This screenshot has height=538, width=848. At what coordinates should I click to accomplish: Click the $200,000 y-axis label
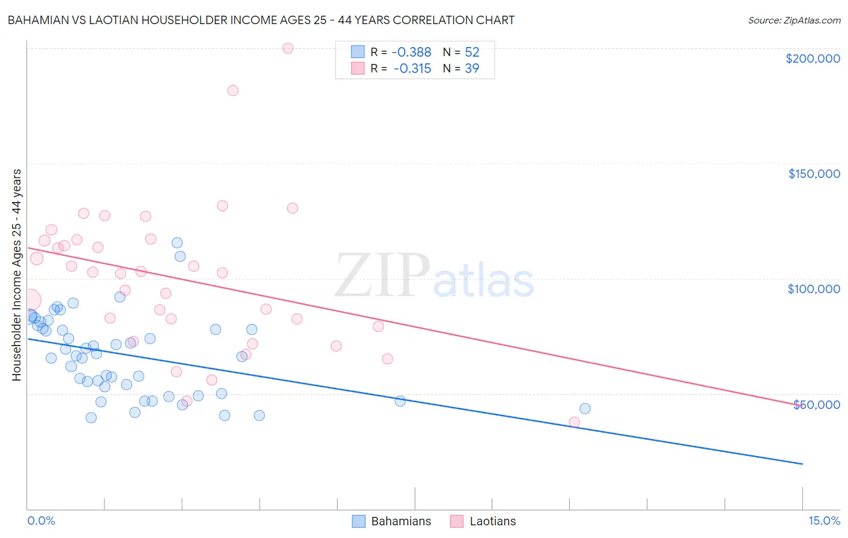pyautogui.click(x=812, y=59)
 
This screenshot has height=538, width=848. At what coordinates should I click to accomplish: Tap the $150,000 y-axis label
pyautogui.click(x=814, y=174)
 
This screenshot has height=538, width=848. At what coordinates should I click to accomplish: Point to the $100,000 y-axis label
pyautogui.click(x=814, y=289)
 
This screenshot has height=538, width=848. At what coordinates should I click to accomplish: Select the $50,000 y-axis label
pyautogui.click(x=817, y=404)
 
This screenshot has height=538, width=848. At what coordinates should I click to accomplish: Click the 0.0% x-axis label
pyautogui.click(x=41, y=521)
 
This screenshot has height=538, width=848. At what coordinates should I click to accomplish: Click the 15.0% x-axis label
pyautogui.click(x=824, y=521)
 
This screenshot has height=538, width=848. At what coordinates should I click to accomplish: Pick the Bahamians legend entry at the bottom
pyautogui.click(x=393, y=521)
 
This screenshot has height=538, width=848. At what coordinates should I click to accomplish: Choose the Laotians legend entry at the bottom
pyautogui.click(x=484, y=521)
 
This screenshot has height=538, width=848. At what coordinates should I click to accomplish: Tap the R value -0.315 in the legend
pyautogui.click(x=413, y=69)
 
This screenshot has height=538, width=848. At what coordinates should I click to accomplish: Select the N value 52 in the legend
pyautogui.click(x=472, y=52)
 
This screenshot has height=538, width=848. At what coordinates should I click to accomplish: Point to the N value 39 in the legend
pyautogui.click(x=472, y=69)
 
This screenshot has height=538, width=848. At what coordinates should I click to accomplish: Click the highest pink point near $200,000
pyautogui.click(x=288, y=48)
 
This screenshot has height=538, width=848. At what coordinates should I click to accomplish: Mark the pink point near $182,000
pyautogui.click(x=233, y=90)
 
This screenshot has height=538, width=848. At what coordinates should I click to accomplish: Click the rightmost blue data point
pyautogui.click(x=584, y=409)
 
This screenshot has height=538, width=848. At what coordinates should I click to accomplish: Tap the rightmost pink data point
pyautogui.click(x=574, y=422)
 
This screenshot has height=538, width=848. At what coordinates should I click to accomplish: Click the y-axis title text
pyautogui.click(x=16, y=275)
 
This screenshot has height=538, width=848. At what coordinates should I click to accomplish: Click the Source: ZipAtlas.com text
pyautogui.click(x=794, y=21)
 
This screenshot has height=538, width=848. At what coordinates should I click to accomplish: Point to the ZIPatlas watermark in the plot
pyautogui.click(x=434, y=277)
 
